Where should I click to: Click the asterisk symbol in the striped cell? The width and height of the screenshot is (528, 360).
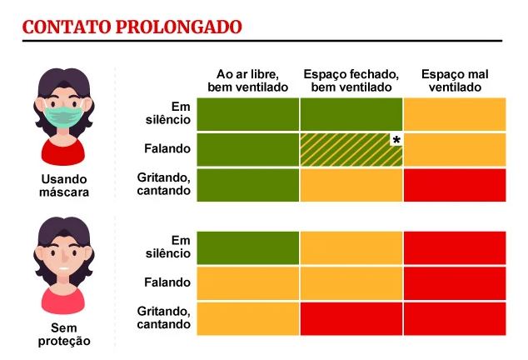click(396, 139)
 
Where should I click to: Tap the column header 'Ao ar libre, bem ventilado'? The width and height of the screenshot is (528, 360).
click(247, 81)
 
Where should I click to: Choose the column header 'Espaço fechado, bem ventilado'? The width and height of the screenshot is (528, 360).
click(351, 81)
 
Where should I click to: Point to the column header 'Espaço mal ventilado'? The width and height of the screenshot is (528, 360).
click(455, 81)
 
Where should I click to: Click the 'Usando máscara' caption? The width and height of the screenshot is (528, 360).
click(63, 186)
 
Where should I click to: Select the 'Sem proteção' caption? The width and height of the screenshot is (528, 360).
click(63, 334)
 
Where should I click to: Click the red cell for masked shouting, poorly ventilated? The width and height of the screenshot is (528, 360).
click(455, 185)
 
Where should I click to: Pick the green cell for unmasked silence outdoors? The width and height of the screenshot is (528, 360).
click(247, 247)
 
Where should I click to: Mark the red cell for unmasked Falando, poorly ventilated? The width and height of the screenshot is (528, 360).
click(455, 282)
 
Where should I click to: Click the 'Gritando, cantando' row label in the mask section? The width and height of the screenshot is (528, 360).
click(164, 184)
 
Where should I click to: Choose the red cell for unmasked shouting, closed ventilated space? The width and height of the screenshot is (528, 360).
click(351, 317)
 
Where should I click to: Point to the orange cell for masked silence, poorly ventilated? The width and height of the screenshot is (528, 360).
click(455, 114)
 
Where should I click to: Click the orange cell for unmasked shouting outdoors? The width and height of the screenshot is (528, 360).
click(247, 317)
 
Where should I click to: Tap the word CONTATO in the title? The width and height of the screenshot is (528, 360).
click(64, 27)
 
